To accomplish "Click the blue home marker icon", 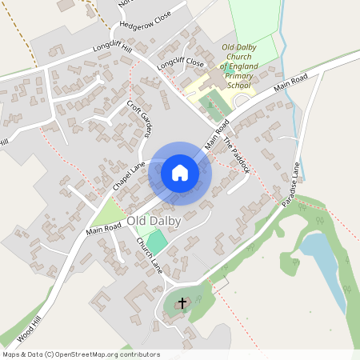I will tap(180, 172).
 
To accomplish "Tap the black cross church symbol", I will tap(182, 303).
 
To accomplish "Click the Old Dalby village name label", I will tap(154, 220).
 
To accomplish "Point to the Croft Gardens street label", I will tap(139, 120).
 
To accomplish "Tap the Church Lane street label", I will tap(150, 257).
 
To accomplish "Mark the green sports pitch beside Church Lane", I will tap(158, 240).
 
